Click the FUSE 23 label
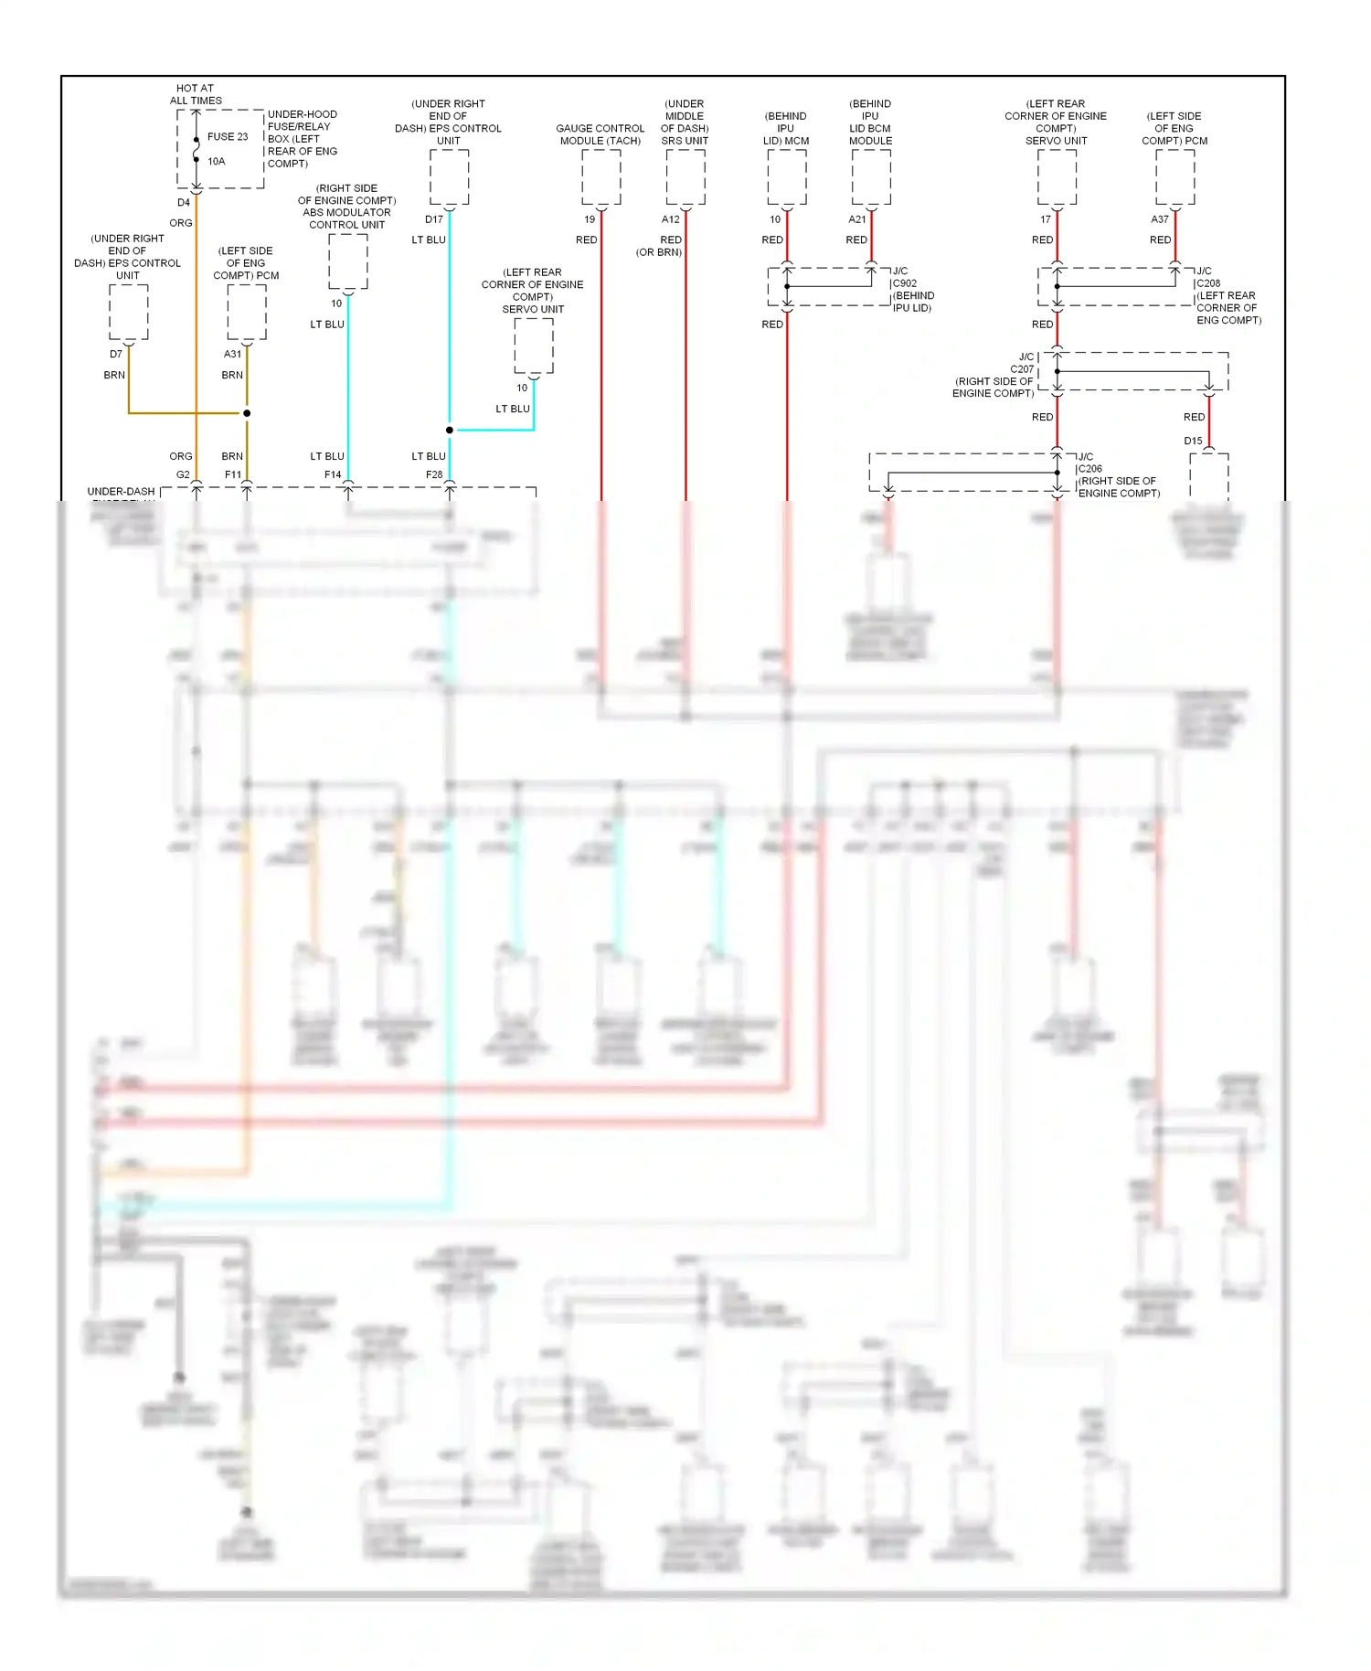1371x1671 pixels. [228, 137]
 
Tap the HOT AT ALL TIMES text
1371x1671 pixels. [196, 95]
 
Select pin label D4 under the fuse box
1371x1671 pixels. [184, 203]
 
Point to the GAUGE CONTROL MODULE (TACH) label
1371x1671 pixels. [600, 134]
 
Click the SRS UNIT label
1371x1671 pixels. [685, 141]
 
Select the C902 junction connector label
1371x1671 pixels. [905, 283]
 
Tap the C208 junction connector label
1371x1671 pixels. [1208, 283]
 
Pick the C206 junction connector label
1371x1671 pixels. [1089, 469]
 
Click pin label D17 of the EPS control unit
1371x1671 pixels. [434, 219]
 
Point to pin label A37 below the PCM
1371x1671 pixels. [1159, 219]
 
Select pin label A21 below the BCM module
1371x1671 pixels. [856, 219]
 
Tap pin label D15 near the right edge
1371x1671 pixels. [1193, 441]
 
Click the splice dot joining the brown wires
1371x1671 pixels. [247, 413]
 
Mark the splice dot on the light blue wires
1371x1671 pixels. [450, 430]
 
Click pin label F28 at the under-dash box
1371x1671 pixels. [434, 474]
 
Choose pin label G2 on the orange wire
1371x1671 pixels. [183, 474]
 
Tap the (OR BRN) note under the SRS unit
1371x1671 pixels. [659, 252]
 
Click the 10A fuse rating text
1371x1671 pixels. [217, 162]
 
